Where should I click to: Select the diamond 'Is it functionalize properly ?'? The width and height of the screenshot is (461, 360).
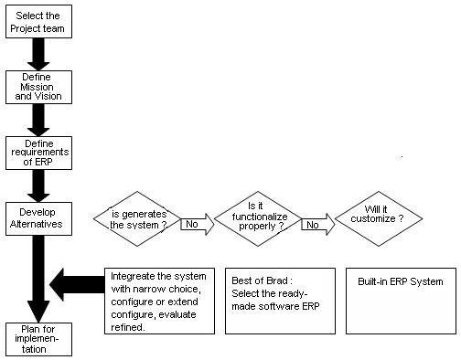(263, 217)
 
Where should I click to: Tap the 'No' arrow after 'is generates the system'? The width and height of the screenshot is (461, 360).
(197, 222)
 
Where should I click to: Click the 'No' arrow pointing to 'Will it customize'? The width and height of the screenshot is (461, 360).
(316, 221)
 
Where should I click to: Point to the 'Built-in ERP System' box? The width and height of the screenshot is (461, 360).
(400, 300)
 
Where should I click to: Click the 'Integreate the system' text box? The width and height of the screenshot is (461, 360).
(161, 300)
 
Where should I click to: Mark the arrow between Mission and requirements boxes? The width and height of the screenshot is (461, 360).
(38, 119)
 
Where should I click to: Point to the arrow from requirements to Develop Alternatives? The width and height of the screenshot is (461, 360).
(38, 184)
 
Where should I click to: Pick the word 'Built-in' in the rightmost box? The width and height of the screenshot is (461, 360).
(375, 281)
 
